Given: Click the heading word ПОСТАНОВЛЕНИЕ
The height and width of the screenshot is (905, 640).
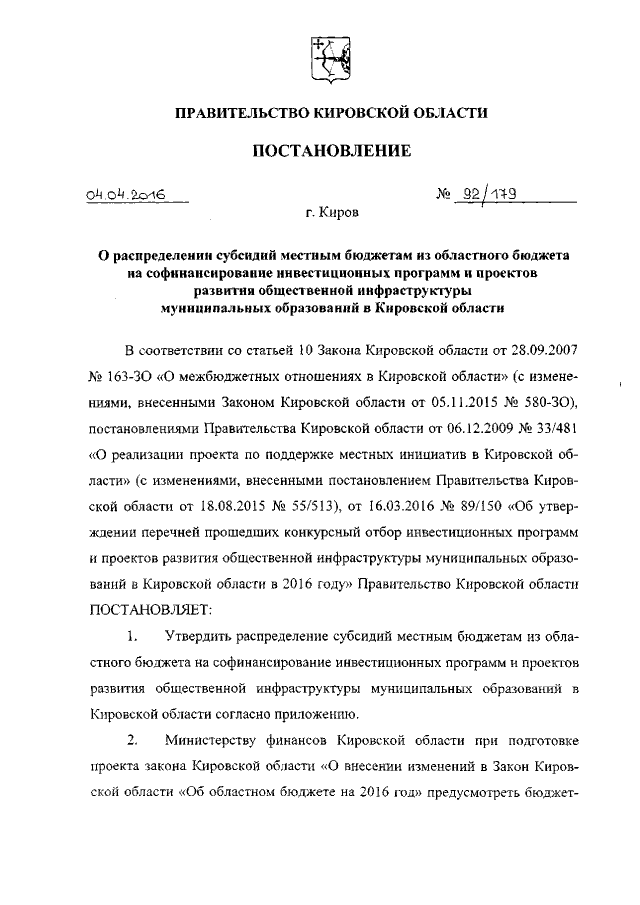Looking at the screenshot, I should [331, 151].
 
